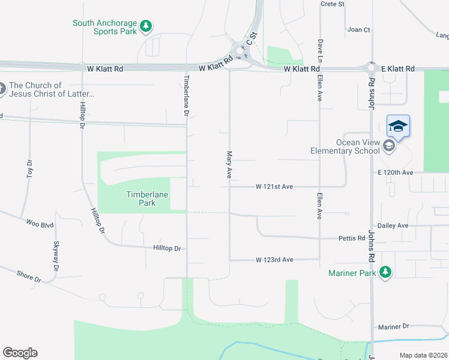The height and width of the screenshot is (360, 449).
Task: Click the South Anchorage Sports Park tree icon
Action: pyautogui.click(x=146, y=26)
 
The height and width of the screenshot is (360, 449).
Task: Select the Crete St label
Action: pyautogui.click(x=333, y=4)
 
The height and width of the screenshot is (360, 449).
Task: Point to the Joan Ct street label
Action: pyautogui.click(x=359, y=29)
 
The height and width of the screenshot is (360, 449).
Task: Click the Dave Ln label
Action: pyautogui.click(x=320, y=51)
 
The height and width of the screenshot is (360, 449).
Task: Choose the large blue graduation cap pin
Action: pyautogui.click(x=398, y=127)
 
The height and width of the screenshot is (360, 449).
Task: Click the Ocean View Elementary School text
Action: pyautogui.click(x=345, y=146)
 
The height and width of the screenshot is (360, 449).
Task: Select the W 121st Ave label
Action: pyautogui.click(x=274, y=187)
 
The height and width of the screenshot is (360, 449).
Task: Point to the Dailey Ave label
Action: pyautogui.click(x=394, y=226)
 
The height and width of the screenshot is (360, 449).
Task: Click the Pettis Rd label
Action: pyautogui.click(x=352, y=238)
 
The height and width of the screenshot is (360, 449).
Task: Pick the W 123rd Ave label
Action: pyautogui.click(x=274, y=260)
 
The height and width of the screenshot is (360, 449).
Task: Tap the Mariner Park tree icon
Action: pyautogui.click(x=385, y=273)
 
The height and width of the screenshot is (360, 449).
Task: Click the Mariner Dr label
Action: pyautogui.click(x=393, y=326)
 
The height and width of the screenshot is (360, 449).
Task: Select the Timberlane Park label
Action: pyautogui.click(x=147, y=199)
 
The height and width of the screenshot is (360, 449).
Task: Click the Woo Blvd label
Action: pyautogui.click(x=40, y=223)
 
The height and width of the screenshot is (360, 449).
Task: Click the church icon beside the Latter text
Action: pyautogui.click(x=1, y=89)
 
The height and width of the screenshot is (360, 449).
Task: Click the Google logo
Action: pyautogui.click(x=20, y=352)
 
